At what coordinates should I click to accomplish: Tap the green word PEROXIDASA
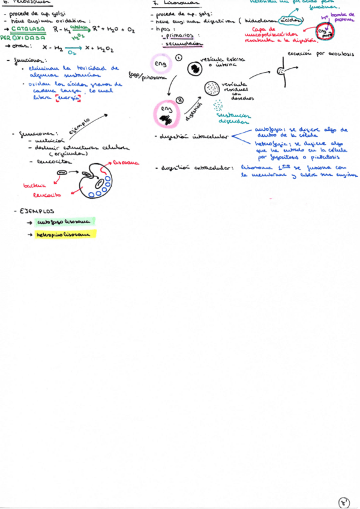pyautogui.click(x=22, y=37)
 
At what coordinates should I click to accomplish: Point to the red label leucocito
pyautogui.click(x=46, y=195)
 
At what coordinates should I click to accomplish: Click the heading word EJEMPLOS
pyautogui.click(x=36, y=211)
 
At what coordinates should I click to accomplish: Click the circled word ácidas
pyautogui.click(x=292, y=20)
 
